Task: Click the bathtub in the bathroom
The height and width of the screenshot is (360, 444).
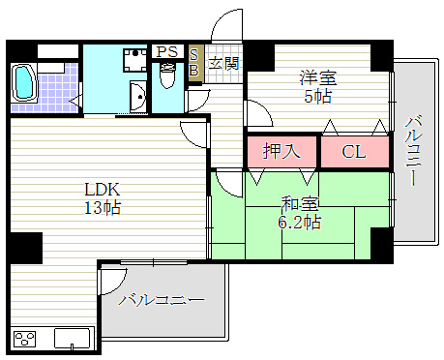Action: [x=23, y=82]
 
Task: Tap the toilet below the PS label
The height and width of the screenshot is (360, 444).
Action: [x=167, y=75]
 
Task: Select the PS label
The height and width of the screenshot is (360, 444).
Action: [x=167, y=51]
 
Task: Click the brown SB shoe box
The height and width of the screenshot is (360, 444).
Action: [x=195, y=63]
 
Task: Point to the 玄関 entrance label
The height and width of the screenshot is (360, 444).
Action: [x=223, y=63]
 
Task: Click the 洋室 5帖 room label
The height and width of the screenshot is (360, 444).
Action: [x=318, y=87]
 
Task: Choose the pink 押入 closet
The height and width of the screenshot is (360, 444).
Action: [x=281, y=152]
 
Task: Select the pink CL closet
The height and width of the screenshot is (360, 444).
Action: [x=355, y=152]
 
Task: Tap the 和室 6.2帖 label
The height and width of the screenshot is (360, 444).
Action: [x=300, y=213]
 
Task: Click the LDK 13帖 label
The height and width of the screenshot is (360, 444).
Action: [x=103, y=198]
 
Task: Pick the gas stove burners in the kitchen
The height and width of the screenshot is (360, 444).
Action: [x=24, y=340]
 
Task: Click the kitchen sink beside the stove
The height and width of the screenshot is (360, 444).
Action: [x=72, y=339]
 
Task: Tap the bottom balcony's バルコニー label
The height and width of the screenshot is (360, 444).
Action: [x=162, y=300]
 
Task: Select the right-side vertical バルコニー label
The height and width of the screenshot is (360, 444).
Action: [x=413, y=150]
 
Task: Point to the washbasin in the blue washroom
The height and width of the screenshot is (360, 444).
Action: [x=138, y=96]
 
